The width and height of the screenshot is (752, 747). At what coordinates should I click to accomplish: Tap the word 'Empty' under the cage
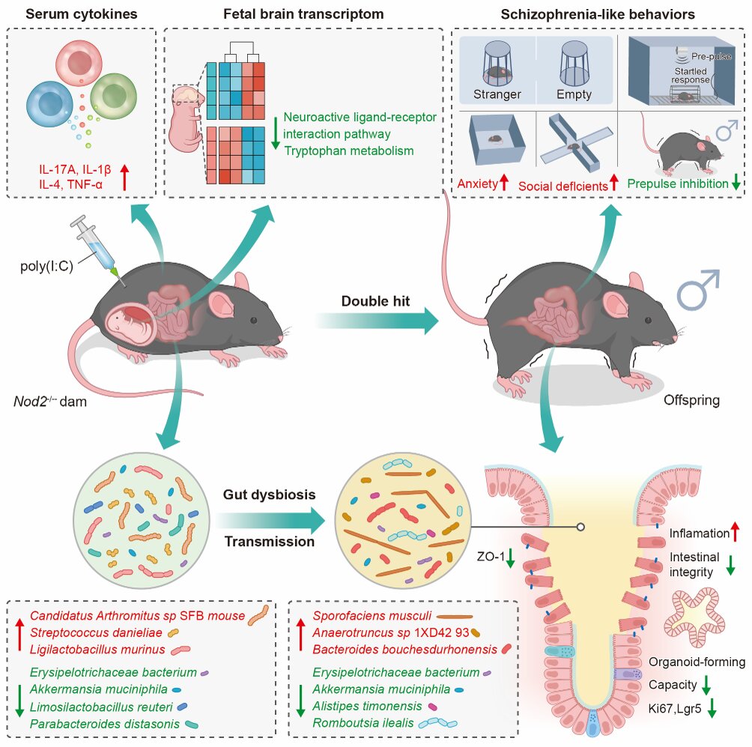point(574,94)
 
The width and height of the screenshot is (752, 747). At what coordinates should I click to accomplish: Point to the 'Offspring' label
point(691,400)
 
